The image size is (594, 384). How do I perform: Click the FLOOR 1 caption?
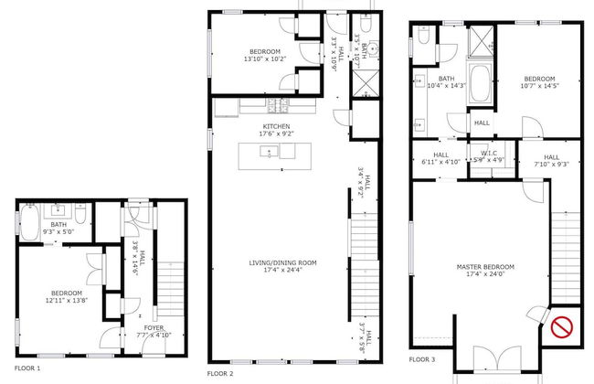click(x=27, y=368)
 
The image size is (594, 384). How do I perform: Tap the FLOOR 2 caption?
click(x=220, y=373)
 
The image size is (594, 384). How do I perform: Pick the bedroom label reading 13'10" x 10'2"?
click(x=265, y=55)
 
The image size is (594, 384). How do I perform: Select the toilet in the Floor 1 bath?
click(x=81, y=218)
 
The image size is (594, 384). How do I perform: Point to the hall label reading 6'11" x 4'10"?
click(x=440, y=158)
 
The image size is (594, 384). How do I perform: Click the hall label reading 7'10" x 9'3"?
click(x=551, y=162)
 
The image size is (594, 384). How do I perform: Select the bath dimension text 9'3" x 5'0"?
click(x=59, y=231)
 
